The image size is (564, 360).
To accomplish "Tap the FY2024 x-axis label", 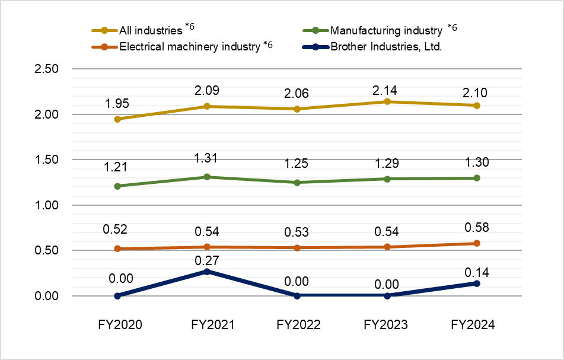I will coord(472,325).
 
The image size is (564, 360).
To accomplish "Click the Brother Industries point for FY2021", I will coord(207,272).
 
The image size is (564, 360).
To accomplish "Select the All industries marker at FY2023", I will coord(387,102).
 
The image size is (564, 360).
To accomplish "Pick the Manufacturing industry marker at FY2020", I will coord(118,186).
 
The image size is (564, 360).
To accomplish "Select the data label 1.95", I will coord(118,105).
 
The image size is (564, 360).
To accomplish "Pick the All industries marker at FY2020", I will coord(118,119).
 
